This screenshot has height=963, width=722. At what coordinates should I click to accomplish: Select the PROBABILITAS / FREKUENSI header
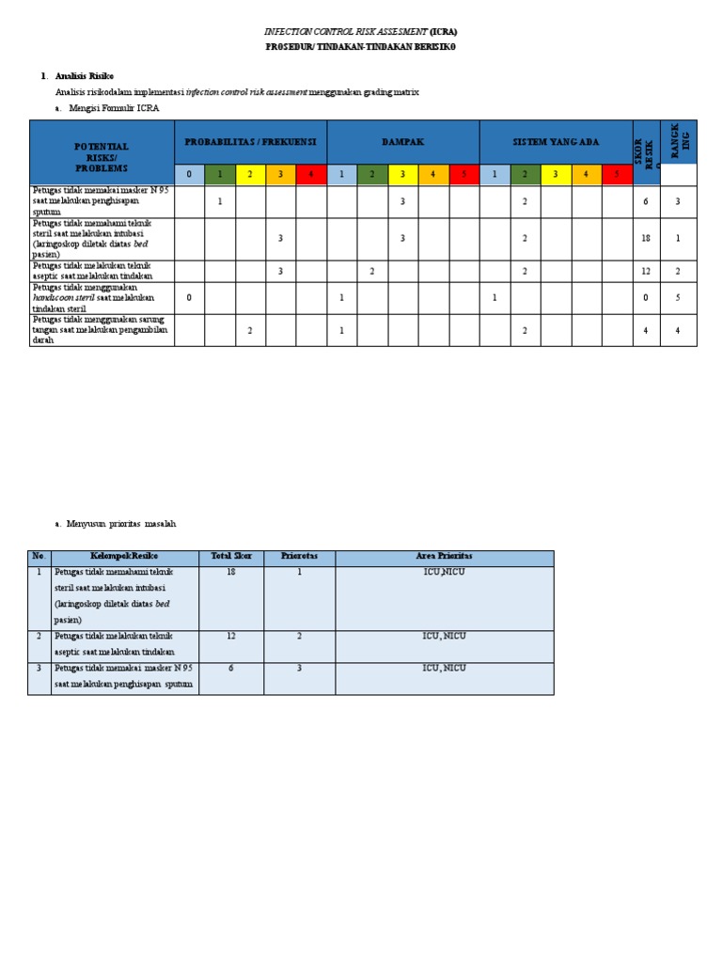[250, 142]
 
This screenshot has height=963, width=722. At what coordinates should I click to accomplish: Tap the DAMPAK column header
[402, 142]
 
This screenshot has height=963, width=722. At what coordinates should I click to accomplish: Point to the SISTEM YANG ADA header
[556, 142]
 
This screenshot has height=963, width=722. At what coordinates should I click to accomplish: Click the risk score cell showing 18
[646, 239]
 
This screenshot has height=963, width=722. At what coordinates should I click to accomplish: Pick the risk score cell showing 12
[646, 271]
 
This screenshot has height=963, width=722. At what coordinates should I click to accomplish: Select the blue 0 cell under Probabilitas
[189, 174]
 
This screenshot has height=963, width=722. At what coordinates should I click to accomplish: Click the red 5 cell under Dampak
[463, 174]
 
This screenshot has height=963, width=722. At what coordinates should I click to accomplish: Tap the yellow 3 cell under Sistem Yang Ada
[556, 174]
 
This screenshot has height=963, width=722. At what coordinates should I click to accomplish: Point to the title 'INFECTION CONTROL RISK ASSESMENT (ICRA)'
[360, 31]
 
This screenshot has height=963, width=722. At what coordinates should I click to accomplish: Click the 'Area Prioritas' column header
[444, 557]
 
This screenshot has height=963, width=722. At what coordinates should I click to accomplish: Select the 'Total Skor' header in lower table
[230, 557]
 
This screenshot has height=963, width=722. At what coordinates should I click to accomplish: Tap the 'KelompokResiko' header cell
[125, 557]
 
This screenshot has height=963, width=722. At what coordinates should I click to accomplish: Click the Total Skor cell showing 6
[230, 668]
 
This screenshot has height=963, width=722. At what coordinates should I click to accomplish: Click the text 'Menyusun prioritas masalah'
[122, 524]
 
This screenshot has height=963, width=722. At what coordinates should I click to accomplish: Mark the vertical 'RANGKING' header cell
[678, 141]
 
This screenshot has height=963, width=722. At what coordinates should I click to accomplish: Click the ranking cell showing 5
[678, 298]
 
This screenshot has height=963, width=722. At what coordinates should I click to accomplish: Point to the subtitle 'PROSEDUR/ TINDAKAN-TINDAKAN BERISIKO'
[360, 46]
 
